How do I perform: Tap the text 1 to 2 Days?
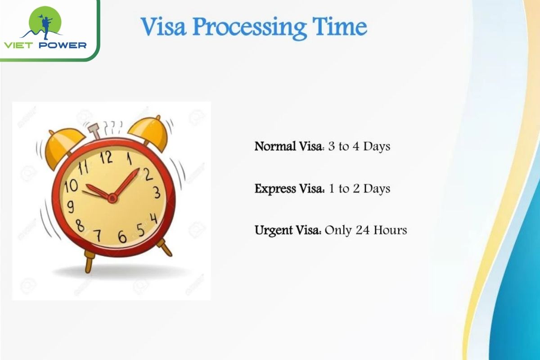pyautogui.click(x=358, y=189)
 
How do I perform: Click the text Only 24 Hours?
pyautogui.click(x=366, y=230)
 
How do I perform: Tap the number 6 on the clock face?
pyautogui.click(x=122, y=236)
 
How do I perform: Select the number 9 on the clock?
pyautogui.click(x=71, y=207)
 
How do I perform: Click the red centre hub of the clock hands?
pyautogui.click(x=112, y=198)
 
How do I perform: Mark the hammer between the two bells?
pyautogui.click(x=94, y=132)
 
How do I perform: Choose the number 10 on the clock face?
pyautogui.click(x=71, y=185)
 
